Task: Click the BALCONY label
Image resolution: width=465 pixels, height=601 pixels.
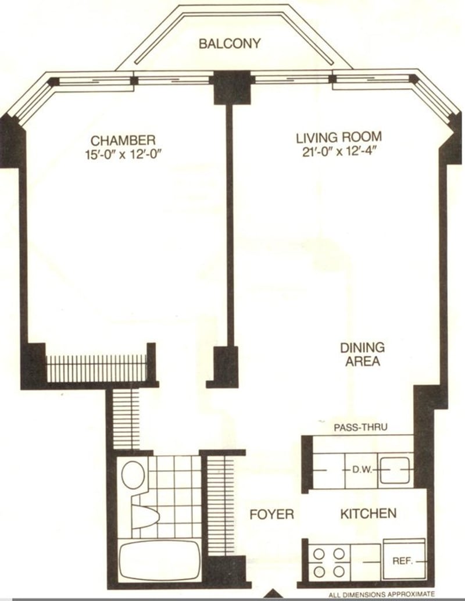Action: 230,44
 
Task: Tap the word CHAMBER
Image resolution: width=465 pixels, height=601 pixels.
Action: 123,140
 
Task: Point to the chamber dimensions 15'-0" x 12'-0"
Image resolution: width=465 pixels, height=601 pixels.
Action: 123,155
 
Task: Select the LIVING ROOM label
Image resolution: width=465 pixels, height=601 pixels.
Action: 339,138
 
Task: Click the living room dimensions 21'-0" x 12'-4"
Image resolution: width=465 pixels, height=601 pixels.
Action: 339,153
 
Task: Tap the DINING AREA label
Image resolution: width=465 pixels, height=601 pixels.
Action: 362,354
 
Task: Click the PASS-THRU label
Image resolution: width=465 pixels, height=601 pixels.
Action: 360,427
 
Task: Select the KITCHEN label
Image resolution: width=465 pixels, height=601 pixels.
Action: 368,513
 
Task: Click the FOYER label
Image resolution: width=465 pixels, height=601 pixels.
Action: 271,514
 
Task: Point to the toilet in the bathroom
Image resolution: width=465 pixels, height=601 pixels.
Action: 134,474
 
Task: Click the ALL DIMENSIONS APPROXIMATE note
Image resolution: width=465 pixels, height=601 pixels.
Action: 381,595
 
